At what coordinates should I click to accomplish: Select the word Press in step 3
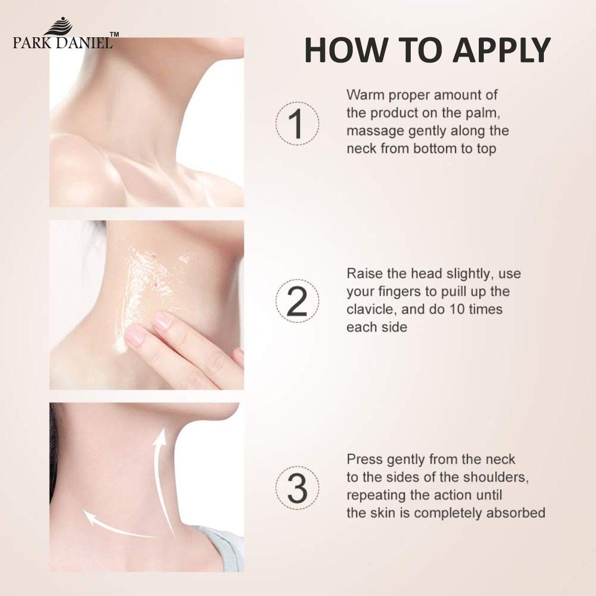point(364,458)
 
